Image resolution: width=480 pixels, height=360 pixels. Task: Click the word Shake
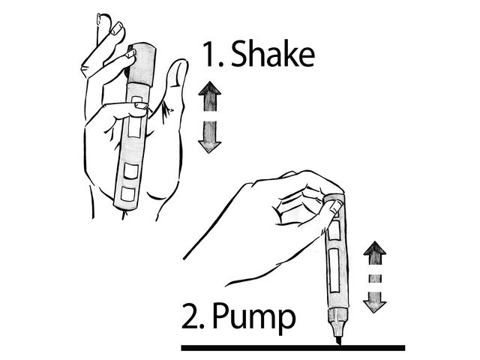point(273,53)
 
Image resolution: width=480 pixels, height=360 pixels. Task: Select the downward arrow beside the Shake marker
point(210,136)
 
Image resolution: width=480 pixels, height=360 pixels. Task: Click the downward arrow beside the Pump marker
point(375,302)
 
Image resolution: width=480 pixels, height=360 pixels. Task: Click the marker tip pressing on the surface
point(337,340)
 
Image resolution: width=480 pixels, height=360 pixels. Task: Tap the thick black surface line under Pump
point(293,348)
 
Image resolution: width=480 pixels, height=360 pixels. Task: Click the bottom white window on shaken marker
point(128,194)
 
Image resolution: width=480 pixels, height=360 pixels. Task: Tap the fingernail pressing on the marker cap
point(131,54)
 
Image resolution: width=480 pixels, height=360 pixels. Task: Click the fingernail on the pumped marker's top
point(335,207)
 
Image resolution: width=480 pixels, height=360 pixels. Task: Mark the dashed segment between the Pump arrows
point(375,278)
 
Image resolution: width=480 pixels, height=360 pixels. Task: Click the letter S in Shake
point(239,53)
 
